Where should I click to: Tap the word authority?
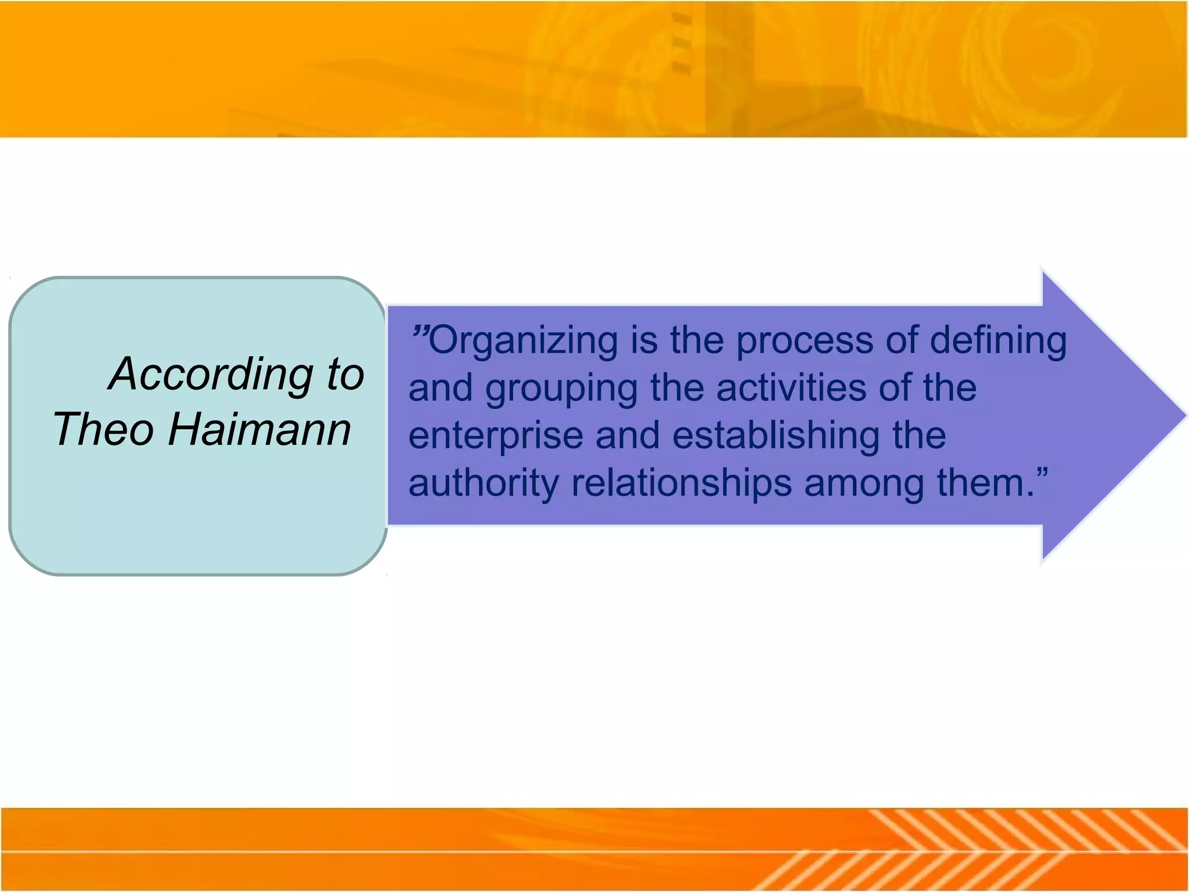coord(482,484)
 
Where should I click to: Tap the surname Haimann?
coord(259,429)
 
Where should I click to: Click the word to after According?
coord(345,374)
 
